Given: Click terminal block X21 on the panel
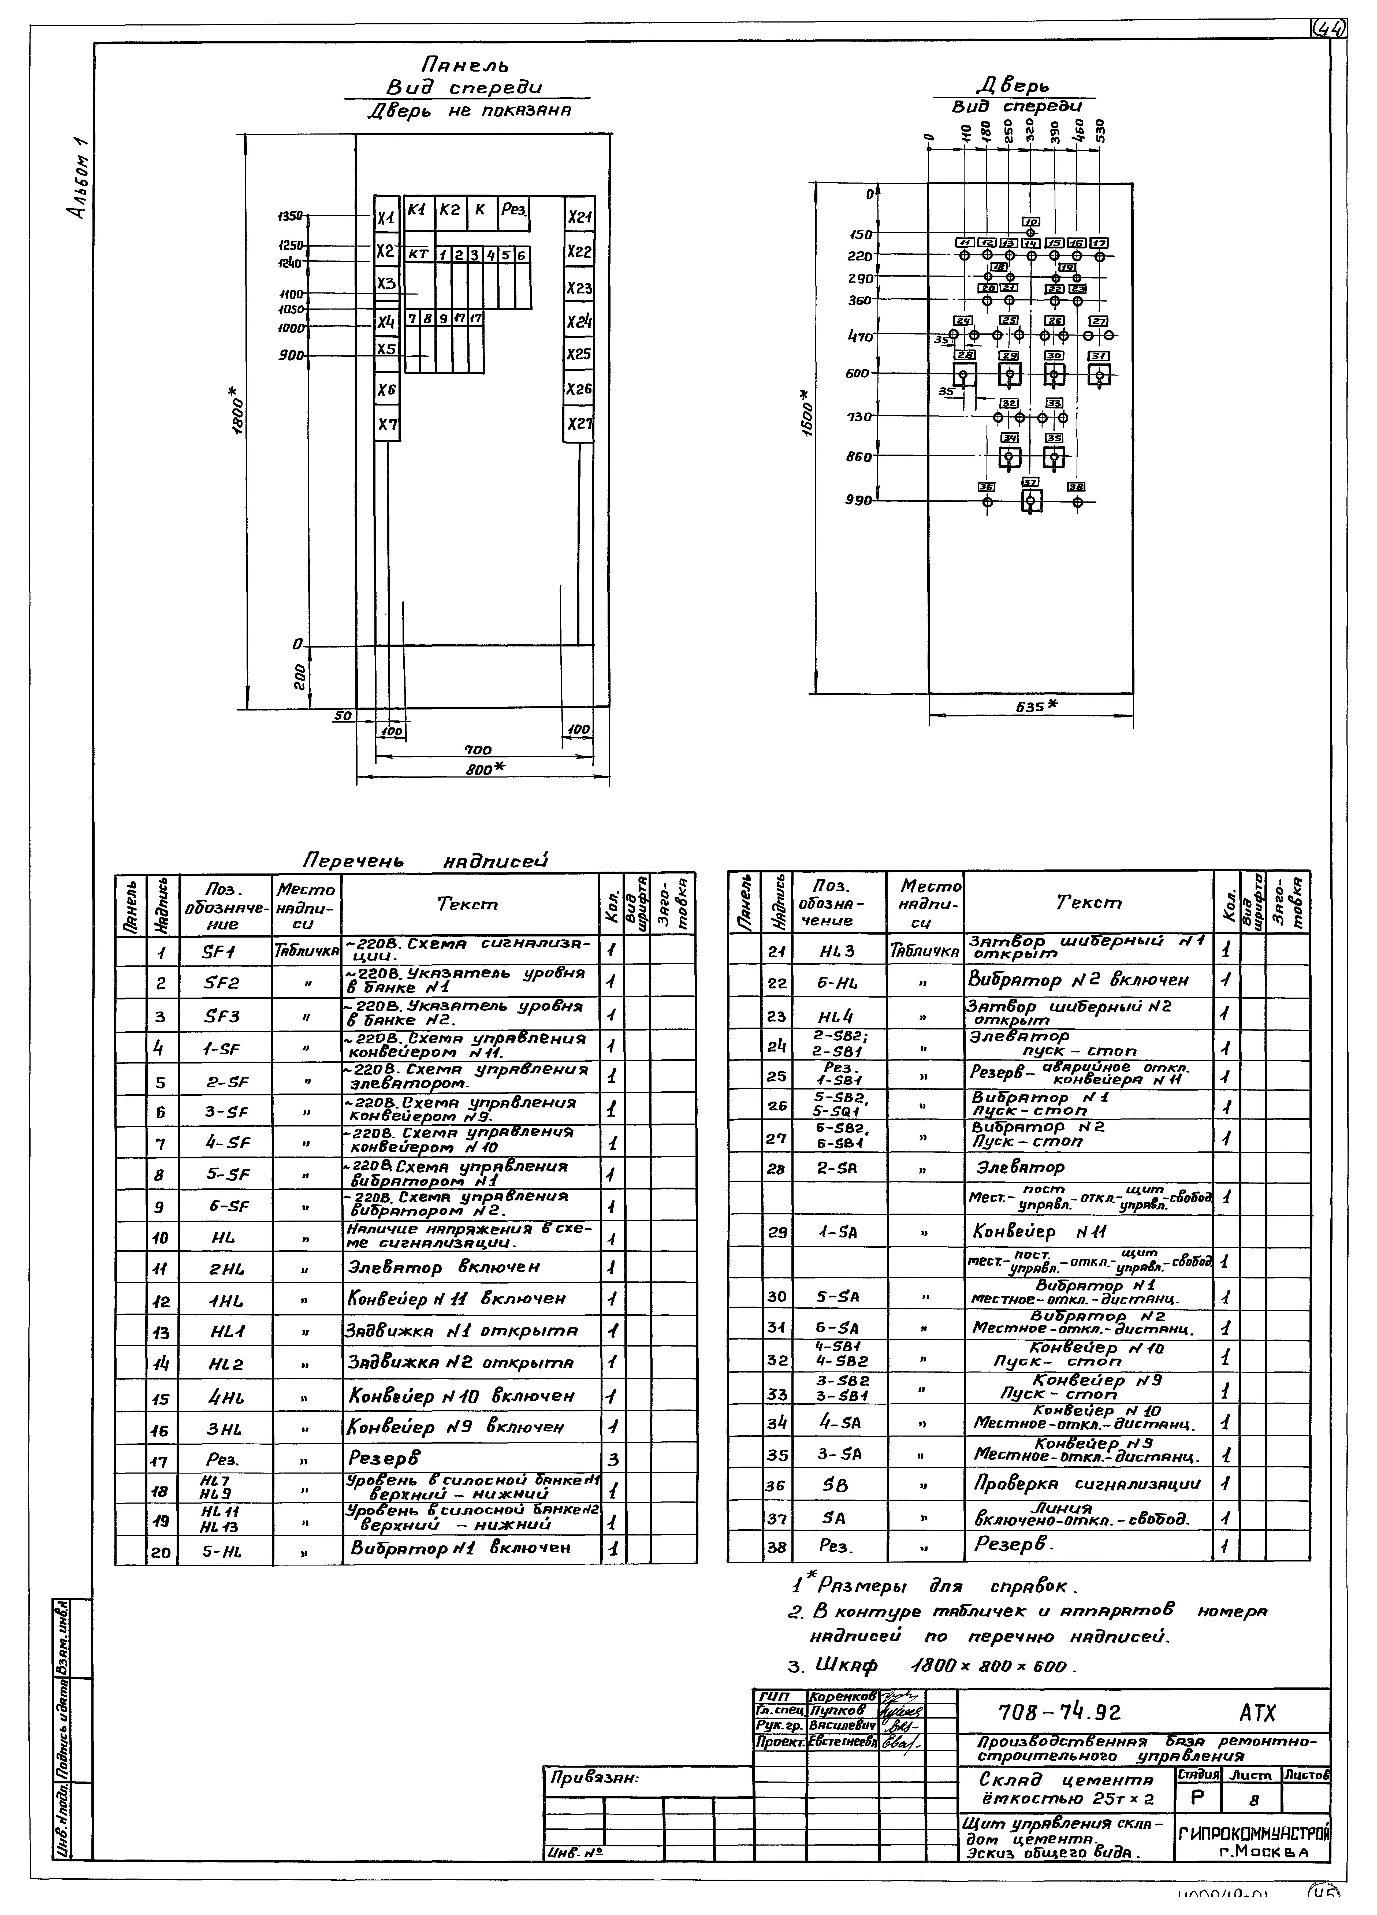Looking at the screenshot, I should point(579,217).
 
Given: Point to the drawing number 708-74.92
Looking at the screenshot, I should point(1060,1712).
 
